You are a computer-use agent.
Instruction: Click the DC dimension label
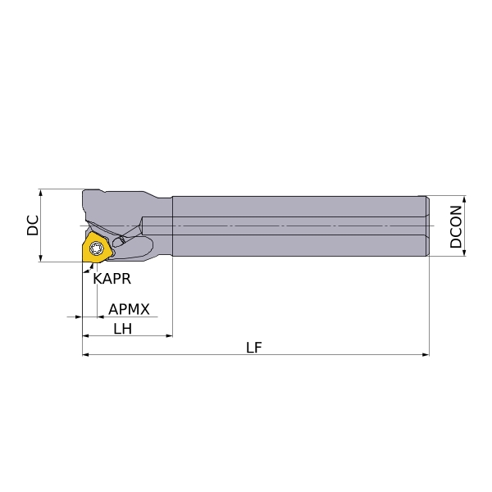pos(33,225)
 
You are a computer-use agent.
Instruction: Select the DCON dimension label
pos(456,226)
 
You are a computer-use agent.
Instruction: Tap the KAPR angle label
pos(112,279)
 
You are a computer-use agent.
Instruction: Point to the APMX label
pos(129,309)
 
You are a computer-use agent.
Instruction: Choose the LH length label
pos(123,329)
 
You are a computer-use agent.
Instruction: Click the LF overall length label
pos(253,348)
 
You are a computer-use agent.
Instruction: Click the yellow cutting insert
pos(96,248)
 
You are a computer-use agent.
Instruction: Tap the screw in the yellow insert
pos(96,248)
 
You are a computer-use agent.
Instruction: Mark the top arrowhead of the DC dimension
pos(40,193)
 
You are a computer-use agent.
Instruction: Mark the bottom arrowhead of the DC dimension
pos(40,258)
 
